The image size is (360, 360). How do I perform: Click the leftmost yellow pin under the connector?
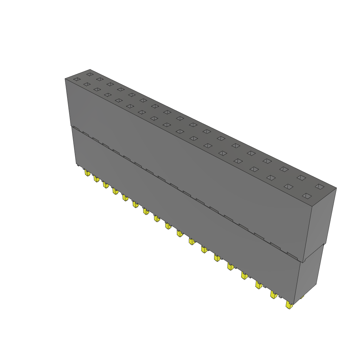(x=87, y=173)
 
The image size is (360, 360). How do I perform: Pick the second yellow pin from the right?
(x=273, y=294)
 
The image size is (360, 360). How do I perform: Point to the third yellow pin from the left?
(x=105, y=185)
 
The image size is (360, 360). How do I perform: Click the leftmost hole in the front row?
(x=76, y=79)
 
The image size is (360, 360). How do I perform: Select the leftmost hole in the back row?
(x=90, y=74)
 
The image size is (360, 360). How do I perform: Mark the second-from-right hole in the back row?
(x=301, y=178)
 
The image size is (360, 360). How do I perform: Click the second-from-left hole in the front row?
(x=86, y=84)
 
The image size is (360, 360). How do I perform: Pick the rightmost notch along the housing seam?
(x=292, y=254)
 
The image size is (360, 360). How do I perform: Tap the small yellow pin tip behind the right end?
(x=302, y=297)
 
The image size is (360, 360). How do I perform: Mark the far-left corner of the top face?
(x=65, y=79)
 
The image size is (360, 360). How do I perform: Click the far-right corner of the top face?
(x=336, y=188)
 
